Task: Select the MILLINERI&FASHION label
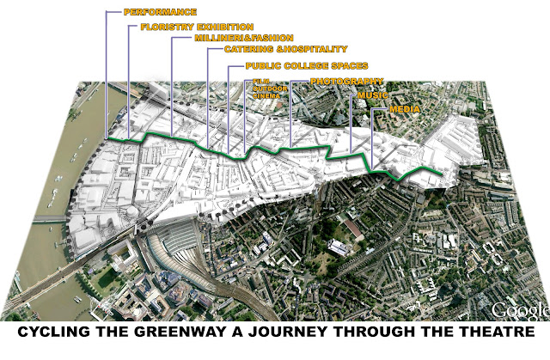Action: (232, 39)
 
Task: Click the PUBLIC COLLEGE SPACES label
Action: (307, 65)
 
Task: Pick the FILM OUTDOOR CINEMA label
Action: (266, 89)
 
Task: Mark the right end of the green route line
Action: (443, 177)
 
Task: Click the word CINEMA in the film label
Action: (266, 97)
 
